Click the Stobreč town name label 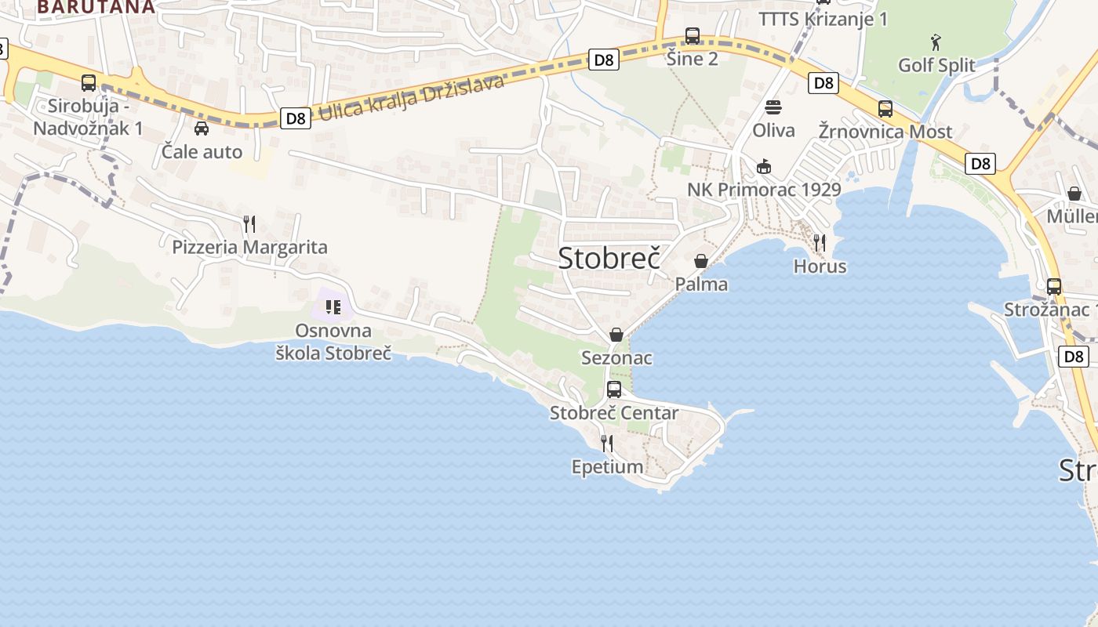point(609,258)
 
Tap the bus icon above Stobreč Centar point(614,390)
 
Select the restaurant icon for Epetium point(607,444)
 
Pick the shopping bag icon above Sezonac point(616,335)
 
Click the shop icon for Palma point(701,261)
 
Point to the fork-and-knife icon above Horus point(820,242)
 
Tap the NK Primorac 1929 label point(764,190)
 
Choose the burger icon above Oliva point(773,107)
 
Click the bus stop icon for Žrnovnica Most point(885,109)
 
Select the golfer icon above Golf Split point(936,42)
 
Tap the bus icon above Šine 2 point(692,36)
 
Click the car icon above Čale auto point(202,129)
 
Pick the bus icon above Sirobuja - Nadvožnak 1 point(89,83)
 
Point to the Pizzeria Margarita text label point(249,248)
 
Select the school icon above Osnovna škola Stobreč point(333,306)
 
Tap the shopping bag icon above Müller point(1074,194)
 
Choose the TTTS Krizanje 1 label point(823,19)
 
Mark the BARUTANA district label point(96,7)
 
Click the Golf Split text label point(936,65)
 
